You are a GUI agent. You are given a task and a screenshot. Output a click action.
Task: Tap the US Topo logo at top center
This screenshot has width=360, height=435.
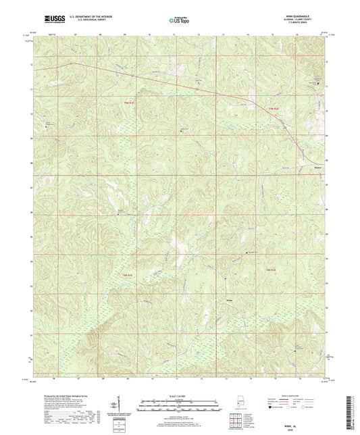pos(179,21)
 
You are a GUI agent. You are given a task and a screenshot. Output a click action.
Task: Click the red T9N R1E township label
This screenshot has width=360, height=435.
pos(128,102)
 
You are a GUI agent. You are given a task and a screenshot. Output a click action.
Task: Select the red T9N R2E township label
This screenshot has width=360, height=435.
pos(271,108)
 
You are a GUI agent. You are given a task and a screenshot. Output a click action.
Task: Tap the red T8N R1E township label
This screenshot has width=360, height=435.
pos(128,275)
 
